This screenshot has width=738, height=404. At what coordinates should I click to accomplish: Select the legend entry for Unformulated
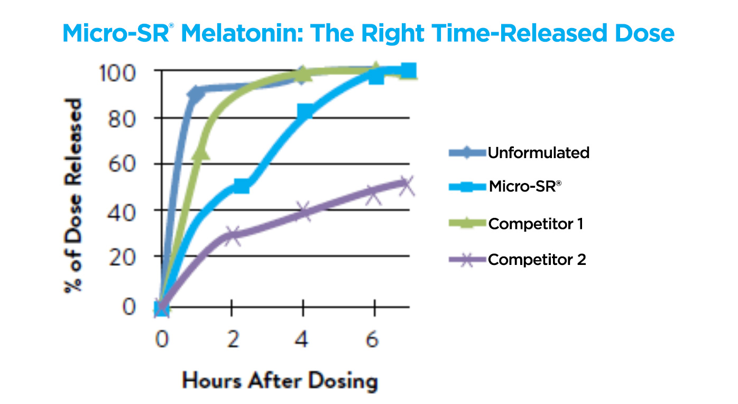(538, 153)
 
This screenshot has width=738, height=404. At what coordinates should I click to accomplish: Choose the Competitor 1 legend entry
(536, 224)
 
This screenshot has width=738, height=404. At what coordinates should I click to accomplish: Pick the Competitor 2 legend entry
(537, 260)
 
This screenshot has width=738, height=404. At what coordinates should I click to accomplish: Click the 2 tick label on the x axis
(232, 339)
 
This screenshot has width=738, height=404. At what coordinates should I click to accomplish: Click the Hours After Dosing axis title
(280, 380)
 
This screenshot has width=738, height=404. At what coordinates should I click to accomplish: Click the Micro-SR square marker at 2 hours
(241, 186)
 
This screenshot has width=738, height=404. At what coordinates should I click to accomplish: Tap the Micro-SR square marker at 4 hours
(305, 111)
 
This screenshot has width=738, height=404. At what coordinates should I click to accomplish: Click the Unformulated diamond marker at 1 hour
(196, 95)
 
